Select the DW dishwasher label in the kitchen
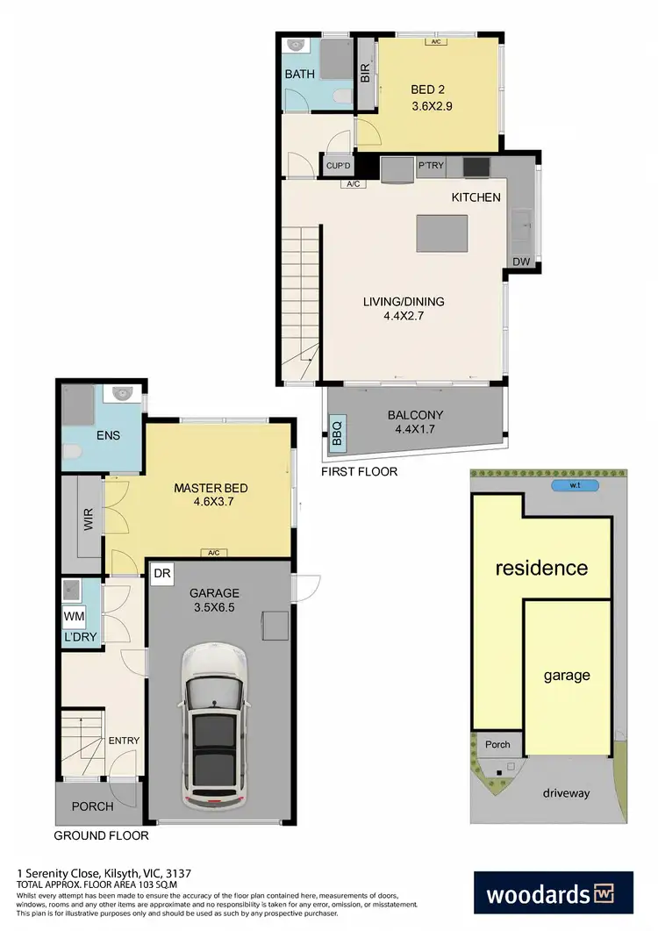point(521,262)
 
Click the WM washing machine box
point(74,616)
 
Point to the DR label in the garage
point(161,574)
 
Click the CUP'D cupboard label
point(338,165)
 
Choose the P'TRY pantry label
point(431,166)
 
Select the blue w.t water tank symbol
point(574,485)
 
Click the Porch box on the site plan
point(497,744)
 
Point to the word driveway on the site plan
point(565,793)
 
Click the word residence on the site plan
point(541,568)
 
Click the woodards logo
point(554,895)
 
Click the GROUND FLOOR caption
point(102,835)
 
